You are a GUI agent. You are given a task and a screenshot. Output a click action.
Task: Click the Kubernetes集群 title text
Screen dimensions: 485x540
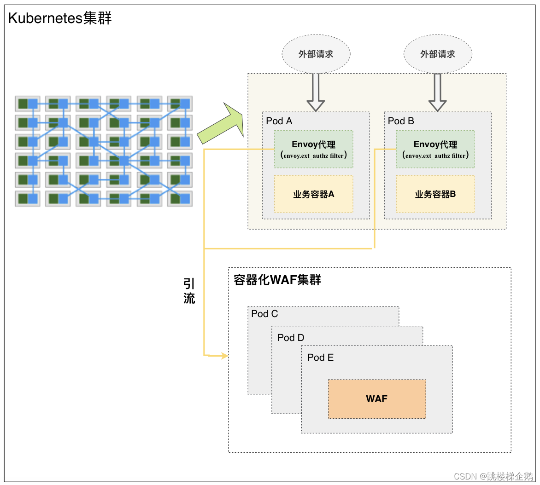tap(60, 18)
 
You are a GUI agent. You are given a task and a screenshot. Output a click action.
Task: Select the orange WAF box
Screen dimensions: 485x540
tap(376, 399)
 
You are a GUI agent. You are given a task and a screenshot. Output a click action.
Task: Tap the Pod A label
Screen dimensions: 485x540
tap(279, 121)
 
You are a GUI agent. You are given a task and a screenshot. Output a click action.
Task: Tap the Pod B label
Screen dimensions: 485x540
tap(401, 121)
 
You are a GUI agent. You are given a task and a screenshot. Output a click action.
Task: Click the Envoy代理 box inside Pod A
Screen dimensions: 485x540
tap(314, 149)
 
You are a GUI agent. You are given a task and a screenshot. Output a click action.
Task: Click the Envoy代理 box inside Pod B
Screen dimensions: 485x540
tap(435, 149)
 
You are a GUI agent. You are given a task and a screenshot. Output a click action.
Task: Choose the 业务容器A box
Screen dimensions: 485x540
tap(314, 194)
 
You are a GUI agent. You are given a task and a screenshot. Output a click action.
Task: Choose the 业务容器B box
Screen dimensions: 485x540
tap(435, 194)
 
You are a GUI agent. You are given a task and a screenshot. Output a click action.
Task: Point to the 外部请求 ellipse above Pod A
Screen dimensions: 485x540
tap(316, 54)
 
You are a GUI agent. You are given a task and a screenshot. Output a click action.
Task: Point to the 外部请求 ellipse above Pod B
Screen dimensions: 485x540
tap(438, 54)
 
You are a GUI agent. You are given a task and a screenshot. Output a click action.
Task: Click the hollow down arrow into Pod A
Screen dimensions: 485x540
tap(316, 94)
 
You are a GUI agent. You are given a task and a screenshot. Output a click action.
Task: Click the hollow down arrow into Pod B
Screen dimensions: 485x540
tap(438, 94)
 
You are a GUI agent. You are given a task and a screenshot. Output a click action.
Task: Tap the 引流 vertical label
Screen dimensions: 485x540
tap(189, 291)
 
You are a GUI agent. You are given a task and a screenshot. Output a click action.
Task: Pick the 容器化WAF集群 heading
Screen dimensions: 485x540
tap(277, 280)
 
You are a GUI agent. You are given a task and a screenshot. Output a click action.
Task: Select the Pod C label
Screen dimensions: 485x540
tap(264, 314)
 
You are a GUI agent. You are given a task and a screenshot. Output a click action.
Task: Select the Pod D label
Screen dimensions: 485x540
tap(291, 338)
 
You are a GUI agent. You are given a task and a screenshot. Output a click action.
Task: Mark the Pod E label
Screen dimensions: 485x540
tap(321, 358)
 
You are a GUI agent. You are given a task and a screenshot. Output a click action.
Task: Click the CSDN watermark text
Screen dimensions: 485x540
tap(493, 476)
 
